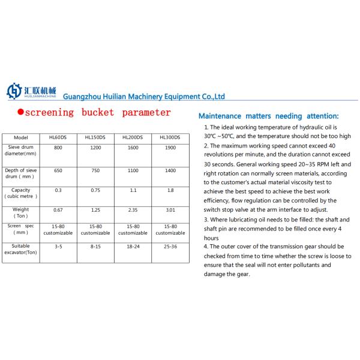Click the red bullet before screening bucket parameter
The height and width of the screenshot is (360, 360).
[x=20, y=113]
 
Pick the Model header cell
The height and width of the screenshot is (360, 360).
[x=20, y=137]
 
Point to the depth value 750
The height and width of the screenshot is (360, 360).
[x=95, y=171]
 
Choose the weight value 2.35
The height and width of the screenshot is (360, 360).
[x=132, y=211]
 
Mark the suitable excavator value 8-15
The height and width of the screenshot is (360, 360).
[x=95, y=246]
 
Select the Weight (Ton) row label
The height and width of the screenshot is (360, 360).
[x=20, y=214]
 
